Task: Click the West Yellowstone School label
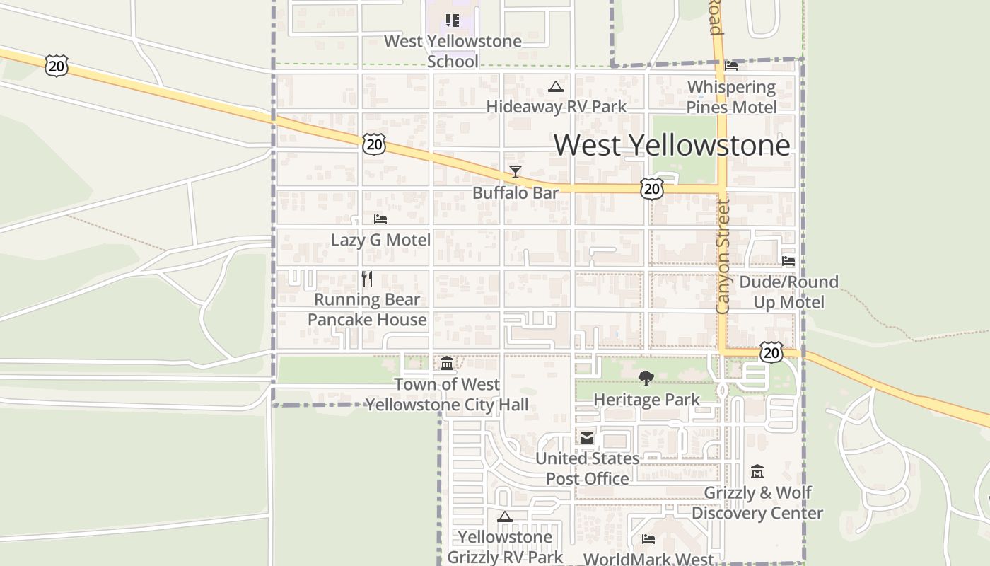453,51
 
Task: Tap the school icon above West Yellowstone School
453,21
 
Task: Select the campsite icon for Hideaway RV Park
556,87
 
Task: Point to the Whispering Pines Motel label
732,97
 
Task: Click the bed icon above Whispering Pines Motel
731,66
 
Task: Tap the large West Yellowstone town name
672,145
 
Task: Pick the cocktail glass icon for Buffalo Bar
516,172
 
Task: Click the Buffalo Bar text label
516,192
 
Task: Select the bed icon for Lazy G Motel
380,219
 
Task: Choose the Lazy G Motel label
380,240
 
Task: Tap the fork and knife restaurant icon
367,279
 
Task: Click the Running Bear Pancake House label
367,309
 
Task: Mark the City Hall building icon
447,364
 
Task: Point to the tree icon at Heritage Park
646,379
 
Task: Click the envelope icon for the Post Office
587,438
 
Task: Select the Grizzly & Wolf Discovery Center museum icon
757,471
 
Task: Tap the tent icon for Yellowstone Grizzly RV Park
504,516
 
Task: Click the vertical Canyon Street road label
722,256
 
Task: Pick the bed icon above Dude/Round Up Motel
788,261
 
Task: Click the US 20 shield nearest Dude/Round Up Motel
771,352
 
